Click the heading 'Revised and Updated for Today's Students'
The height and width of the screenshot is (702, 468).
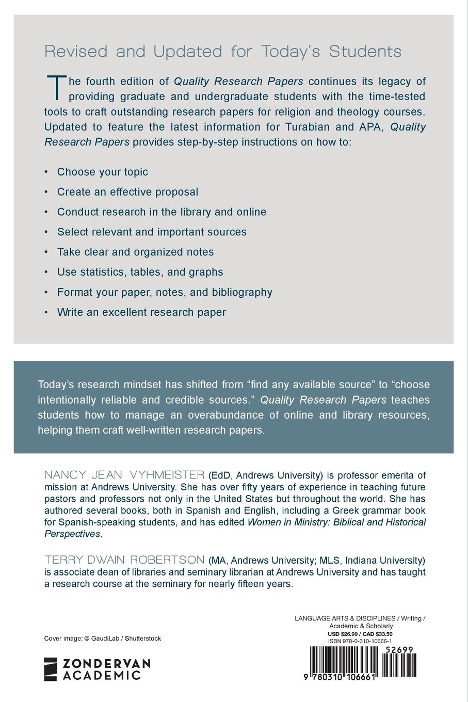(x=222, y=52)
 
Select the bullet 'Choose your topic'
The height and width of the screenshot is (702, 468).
(x=102, y=172)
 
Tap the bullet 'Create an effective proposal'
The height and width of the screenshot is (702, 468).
(x=127, y=192)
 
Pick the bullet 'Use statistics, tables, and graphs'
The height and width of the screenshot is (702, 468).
(x=140, y=272)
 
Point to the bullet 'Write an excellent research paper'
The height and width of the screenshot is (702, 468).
(x=141, y=312)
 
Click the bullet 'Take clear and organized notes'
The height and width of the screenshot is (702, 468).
(x=135, y=252)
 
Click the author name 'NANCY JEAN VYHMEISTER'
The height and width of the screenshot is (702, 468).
(x=124, y=475)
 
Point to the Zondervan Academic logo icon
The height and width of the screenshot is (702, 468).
(x=51, y=669)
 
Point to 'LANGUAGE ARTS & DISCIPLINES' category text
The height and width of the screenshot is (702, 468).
(x=345, y=618)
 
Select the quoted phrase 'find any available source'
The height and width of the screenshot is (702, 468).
(x=309, y=385)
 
